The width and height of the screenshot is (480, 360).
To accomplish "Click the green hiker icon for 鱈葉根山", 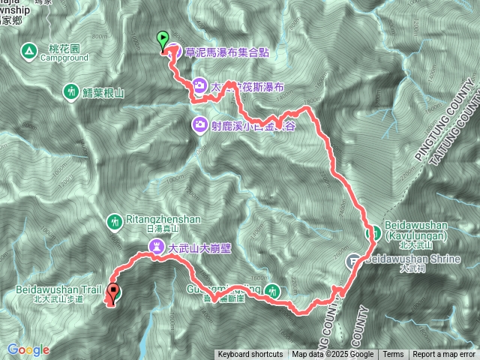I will click(70, 91).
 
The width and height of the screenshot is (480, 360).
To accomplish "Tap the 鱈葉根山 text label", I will click(103, 91).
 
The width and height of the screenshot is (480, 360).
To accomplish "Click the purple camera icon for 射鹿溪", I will click(200, 125).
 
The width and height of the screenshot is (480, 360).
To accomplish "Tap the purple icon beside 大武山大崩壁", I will click(156, 245).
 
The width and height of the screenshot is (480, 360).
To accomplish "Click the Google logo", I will click(28, 349).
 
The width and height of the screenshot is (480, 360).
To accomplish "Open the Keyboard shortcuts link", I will click(250, 355).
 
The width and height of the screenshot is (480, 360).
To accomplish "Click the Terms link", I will click(393, 355).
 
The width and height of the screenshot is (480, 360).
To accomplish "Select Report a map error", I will click(444, 355).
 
